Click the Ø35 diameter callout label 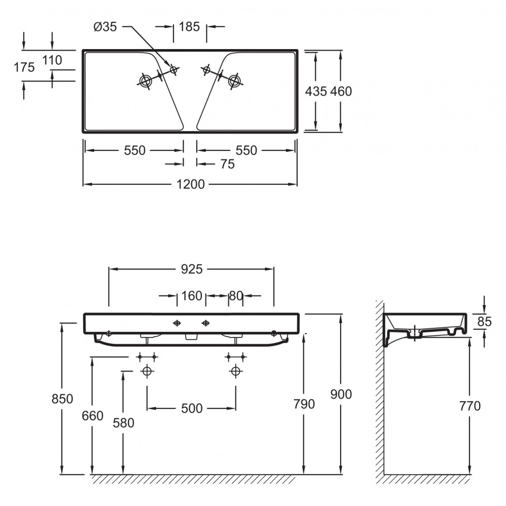coord(105,27)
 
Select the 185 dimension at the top coord(189,27)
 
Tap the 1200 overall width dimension coord(190,184)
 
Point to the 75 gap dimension coord(228,164)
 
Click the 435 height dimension coord(316,91)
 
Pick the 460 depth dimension coord(341,91)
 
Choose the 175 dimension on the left coord(24,67)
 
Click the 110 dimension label coord(52,60)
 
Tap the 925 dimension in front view coord(192,269)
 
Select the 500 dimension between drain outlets coord(192,408)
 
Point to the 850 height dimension coord(62,399)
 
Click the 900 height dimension coord(341,394)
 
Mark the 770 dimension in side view coord(470,406)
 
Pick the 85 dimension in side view coord(484,321)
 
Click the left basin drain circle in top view coord(145,80)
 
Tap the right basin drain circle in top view coord(234,80)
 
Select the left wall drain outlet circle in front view coord(147,371)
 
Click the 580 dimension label coord(123,423)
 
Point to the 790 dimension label coord(304,404)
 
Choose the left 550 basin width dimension coord(135,150)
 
